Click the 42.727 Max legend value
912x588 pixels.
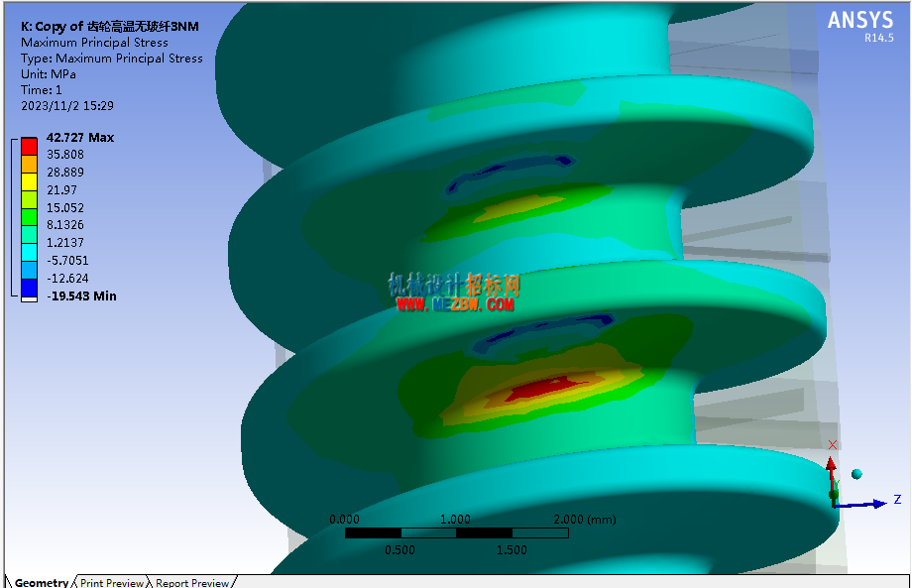coord(80,138)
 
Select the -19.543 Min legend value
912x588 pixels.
coord(81,296)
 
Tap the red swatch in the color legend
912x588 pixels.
coord(29,146)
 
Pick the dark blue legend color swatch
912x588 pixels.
coord(29,288)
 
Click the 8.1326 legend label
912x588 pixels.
coord(65,225)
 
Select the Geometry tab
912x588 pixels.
coord(42,582)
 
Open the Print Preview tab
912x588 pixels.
coord(112,582)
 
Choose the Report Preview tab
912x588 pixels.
coord(192,582)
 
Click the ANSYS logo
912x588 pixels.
coord(860,21)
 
